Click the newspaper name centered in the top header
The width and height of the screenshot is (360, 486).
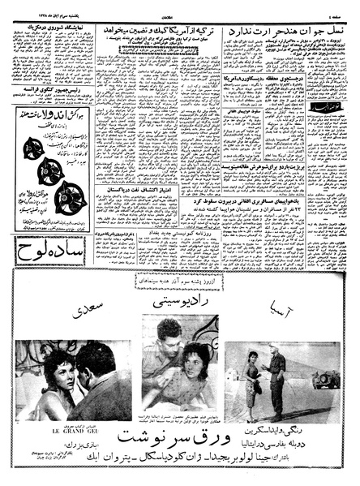coord(180,6)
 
